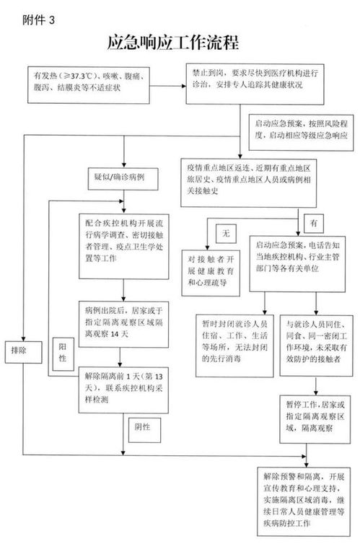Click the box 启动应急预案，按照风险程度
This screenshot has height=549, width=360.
296,129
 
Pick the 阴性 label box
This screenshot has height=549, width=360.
141,426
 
